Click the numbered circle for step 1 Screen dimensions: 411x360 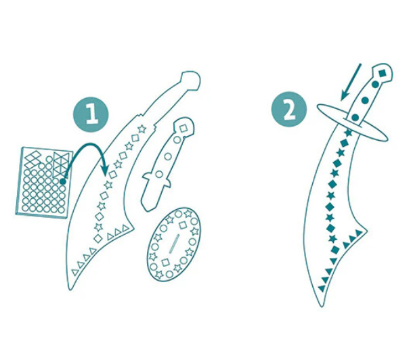click(91, 114)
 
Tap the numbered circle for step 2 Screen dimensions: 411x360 click(289, 110)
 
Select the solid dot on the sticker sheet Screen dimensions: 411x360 click(63, 181)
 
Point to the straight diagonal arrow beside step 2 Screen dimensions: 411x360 click(351, 83)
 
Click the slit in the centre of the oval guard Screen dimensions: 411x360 click(174, 244)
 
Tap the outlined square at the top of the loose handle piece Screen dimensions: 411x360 click(183, 129)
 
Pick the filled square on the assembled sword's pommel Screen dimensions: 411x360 click(383, 72)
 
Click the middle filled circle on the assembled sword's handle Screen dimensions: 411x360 click(365, 100)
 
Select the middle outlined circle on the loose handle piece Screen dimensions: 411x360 click(168, 157)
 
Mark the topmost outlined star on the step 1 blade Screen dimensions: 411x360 click(142, 129)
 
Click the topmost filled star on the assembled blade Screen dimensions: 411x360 click(348, 133)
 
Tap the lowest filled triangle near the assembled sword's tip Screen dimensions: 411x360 click(322, 288)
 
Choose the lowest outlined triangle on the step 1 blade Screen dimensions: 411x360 click(75, 272)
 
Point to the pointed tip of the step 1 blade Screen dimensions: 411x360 click(70, 289)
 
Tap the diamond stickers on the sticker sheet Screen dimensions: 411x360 click(33, 159)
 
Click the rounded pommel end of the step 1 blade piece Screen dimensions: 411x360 click(192, 81)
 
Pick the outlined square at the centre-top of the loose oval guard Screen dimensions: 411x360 click(183, 225)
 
